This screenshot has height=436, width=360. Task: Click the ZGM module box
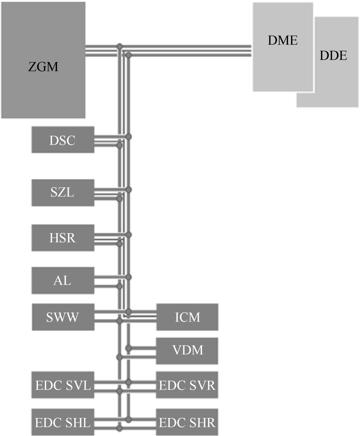(43, 60)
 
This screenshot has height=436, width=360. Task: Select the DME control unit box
(283, 47)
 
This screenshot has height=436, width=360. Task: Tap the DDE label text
(333, 55)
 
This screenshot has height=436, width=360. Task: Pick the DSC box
(63, 140)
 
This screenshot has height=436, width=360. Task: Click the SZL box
(63, 192)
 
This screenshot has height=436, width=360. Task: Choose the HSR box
(63, 238)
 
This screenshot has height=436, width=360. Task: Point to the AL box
(63, 281)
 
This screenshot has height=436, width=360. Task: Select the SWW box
(63, 317)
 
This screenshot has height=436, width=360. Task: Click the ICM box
(187, 317)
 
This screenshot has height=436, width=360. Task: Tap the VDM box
(187, 351)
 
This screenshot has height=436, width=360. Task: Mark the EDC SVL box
(63, 385)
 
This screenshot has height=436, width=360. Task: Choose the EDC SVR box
(187, 385)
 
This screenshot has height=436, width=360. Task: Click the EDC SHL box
(63, 422)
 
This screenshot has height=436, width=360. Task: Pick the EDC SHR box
(187, 422)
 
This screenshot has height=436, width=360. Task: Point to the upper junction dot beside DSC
(129, 136)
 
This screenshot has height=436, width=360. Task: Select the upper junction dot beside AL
(129, 277)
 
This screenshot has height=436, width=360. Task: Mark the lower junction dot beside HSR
(119, 244)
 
